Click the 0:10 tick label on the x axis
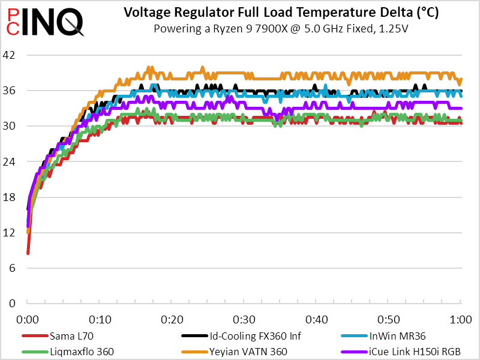point(100,318)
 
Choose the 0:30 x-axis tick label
point(244,318)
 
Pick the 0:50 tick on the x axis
point(388,318)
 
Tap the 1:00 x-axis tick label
point(460,318)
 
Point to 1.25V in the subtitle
point(393,28)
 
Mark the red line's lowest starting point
point(28,253)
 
